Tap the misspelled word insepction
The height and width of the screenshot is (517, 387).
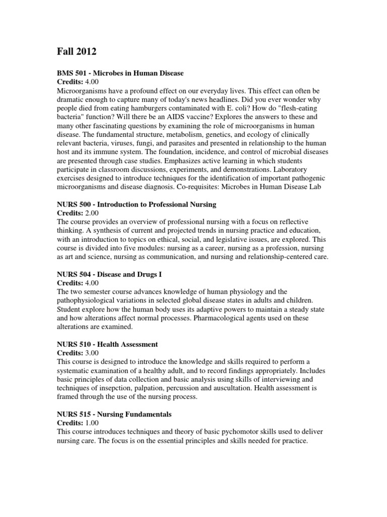click(118, 388)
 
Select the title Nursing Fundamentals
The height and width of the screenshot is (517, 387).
click(135, 414)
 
